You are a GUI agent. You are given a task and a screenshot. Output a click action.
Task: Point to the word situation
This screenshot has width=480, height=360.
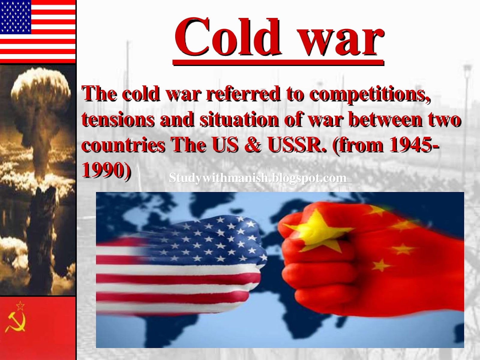click(x=239, y=119)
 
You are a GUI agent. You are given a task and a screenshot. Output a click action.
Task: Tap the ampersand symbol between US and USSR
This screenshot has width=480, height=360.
click(x=253, y=145)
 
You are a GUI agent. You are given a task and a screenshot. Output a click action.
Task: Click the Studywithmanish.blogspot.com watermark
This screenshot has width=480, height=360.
click(x=258, y=178)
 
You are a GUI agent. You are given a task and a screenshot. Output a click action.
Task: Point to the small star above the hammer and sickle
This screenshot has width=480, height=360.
click(x=20, y=306)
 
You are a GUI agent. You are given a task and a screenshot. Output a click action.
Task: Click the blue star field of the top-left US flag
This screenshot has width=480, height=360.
click(x=16, y=17)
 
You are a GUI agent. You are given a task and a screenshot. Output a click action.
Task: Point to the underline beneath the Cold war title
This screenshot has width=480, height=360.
click(x=278, y=62)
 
